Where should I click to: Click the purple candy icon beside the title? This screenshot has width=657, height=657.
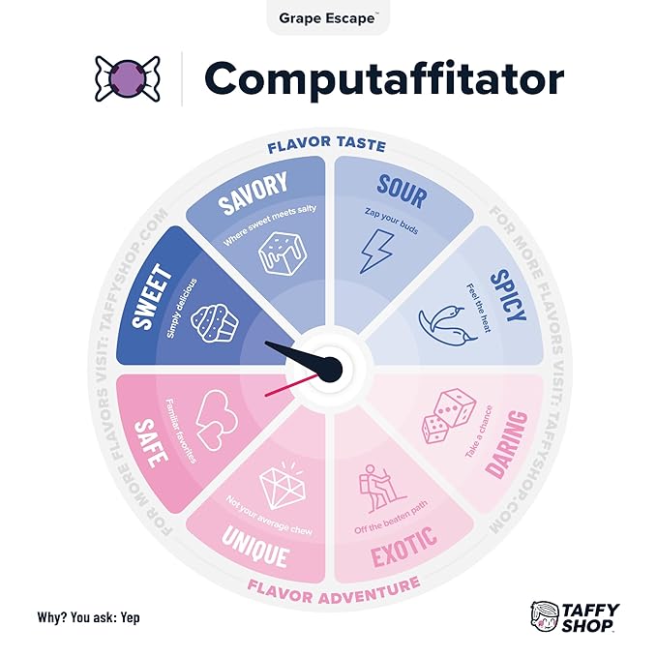click(x=128, y=78)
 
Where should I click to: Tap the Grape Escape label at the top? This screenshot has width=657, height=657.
click(x=328, y=18)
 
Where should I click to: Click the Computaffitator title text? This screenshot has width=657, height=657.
click(x=384, y=79)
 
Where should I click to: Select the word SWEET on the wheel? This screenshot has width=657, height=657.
click(x=152, y=295)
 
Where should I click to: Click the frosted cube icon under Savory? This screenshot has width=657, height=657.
click(x=283, y=254)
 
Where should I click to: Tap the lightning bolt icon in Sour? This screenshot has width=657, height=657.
click(x=377, y=251)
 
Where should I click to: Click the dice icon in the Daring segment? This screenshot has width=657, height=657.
click(x=448, y=416)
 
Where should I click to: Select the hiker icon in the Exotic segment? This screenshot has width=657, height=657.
click(x=378, y=489)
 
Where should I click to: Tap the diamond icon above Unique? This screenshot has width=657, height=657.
click(x=283, y=485)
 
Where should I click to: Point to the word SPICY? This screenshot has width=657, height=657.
click(x=507, y=295)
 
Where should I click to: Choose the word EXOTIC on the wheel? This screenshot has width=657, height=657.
click(x=403, y=547)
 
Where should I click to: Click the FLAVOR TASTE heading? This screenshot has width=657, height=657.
click(x=326, y=145)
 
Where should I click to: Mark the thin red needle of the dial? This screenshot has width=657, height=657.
click(x=292, y=385)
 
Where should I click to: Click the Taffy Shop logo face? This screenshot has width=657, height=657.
click(x=545, y=616)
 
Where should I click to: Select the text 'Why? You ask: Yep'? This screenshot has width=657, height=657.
click(x=88, y=617)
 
